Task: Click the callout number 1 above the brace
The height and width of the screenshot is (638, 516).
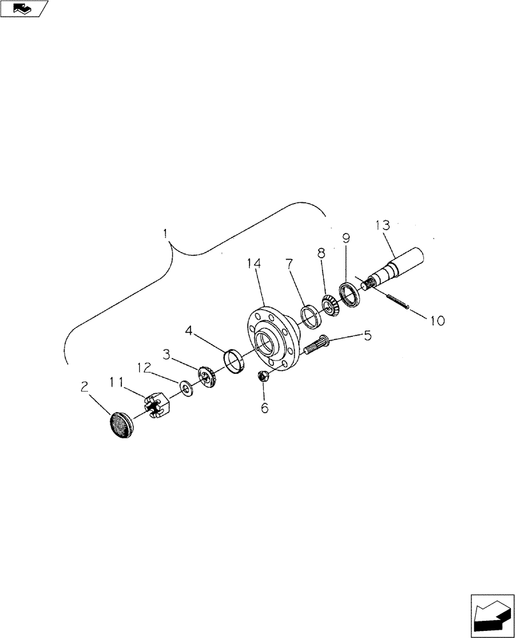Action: pos(165,234)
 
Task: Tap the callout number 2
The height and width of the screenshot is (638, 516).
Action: pos(84,386)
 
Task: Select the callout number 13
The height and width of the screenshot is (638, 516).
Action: pos(382,225)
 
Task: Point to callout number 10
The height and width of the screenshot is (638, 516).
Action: pos(436,320)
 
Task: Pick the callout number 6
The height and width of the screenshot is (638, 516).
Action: pos(264,407)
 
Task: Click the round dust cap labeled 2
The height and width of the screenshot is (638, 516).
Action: pos(118,424)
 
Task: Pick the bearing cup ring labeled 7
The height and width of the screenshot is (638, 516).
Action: pos(309,316)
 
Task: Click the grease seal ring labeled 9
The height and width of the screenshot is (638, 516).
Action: pos(348,294)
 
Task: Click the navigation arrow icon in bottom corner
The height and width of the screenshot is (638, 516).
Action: pos(492,616)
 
